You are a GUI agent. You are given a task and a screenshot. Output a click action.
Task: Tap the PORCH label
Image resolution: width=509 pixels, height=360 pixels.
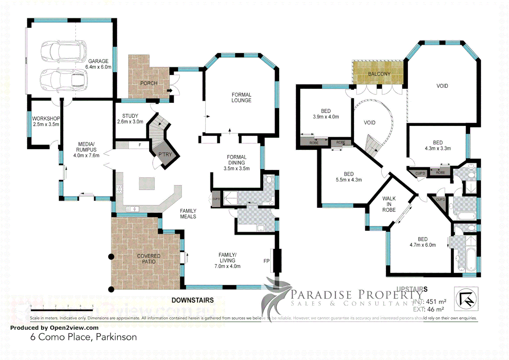pos(149,83)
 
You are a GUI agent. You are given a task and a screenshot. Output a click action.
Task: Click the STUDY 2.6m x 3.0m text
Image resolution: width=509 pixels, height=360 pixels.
pos(130,119)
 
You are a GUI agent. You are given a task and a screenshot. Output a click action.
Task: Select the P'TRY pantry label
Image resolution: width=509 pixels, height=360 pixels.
pos(165,154)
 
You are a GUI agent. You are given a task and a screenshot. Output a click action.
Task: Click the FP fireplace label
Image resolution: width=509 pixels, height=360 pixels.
pos(266,261)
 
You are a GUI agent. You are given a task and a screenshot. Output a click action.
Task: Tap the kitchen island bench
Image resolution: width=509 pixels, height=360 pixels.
pos(147,183)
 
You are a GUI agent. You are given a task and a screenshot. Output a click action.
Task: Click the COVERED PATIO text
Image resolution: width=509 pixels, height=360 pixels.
pos(149,259)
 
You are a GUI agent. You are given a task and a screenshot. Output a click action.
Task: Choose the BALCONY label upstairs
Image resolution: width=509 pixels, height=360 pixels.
pos(379,74)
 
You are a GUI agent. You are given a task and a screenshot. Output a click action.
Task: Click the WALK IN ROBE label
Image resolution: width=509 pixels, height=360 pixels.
pos(389,204)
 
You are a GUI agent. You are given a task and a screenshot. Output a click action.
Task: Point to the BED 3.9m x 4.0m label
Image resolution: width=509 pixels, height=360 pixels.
pos(326,114)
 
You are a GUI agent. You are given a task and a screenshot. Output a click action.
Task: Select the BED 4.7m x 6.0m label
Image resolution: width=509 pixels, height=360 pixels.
pos(422,242)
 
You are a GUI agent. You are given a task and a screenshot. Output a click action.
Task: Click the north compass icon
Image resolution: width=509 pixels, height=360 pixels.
pos(466,299)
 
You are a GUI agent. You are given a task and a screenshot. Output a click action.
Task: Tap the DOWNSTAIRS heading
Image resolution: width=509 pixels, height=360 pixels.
pos(193,300)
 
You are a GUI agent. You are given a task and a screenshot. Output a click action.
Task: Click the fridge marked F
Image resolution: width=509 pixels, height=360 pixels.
pos(140,145)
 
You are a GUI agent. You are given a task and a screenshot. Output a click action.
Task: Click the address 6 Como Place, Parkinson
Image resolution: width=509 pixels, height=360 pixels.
pos(83,337)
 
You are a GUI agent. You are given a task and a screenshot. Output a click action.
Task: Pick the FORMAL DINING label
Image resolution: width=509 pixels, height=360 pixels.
pos(237,163)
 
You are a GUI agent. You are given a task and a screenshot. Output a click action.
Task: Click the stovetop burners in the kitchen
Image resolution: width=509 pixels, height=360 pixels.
pos(119,189)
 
